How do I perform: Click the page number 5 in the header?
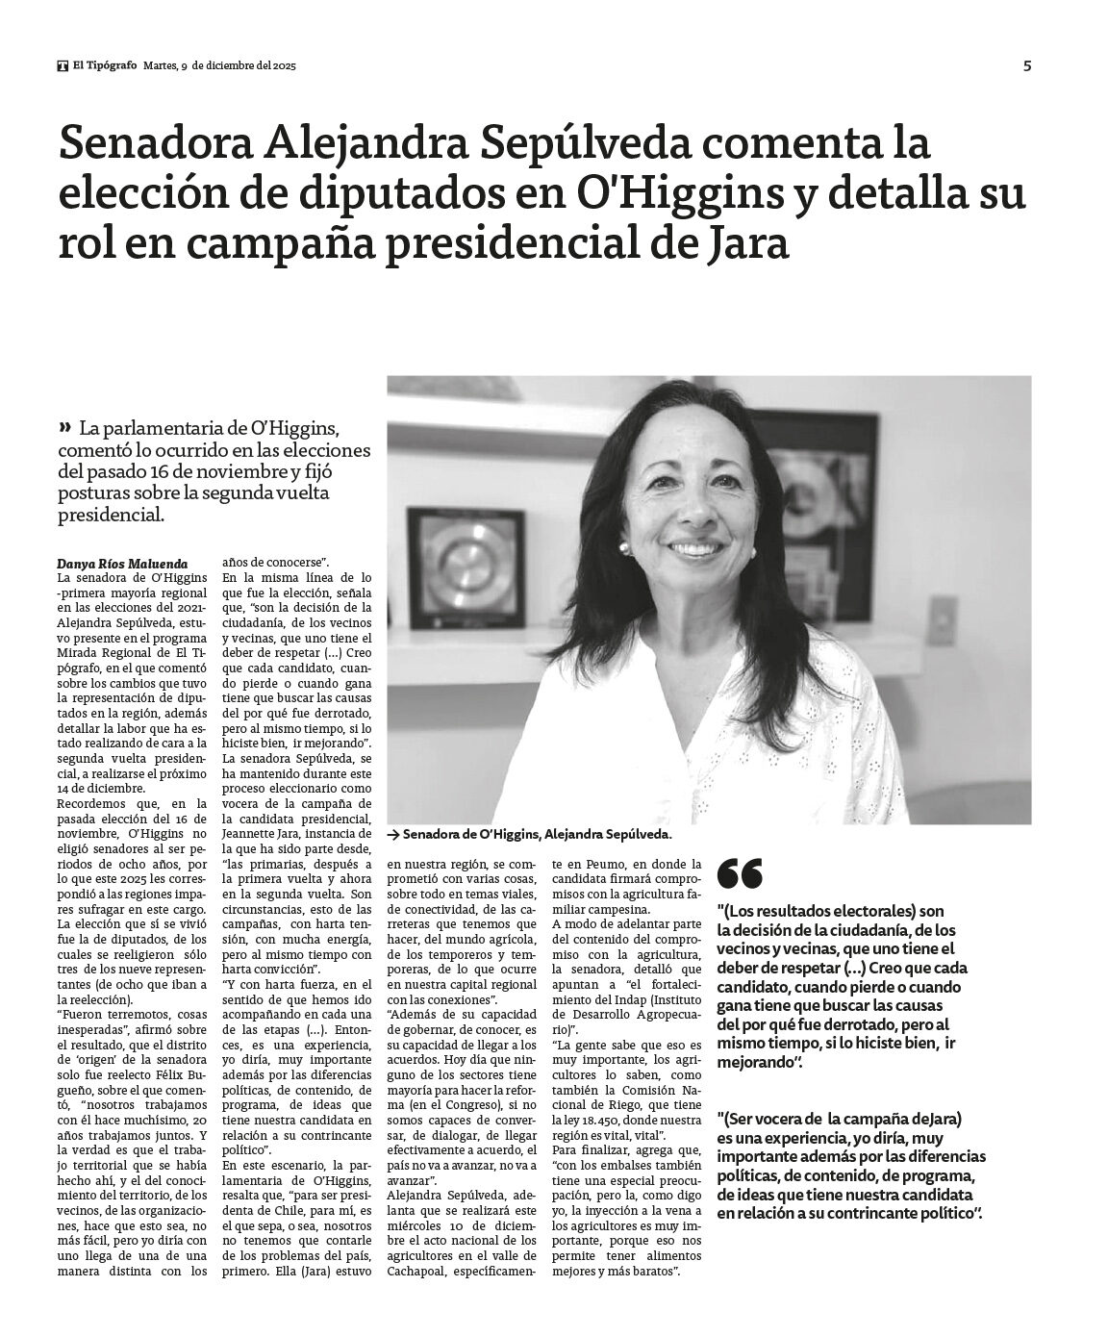coord(1027,65)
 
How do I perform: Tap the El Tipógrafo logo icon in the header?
coord(63,66)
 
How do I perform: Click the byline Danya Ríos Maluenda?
coord(122,563)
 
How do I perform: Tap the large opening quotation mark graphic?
coord(740,874)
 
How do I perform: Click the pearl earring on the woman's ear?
coord(623,547)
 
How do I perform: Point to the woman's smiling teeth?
coord(696,549)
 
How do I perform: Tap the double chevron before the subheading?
coord(64,426)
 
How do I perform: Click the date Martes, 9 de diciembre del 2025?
coord(219,66)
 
